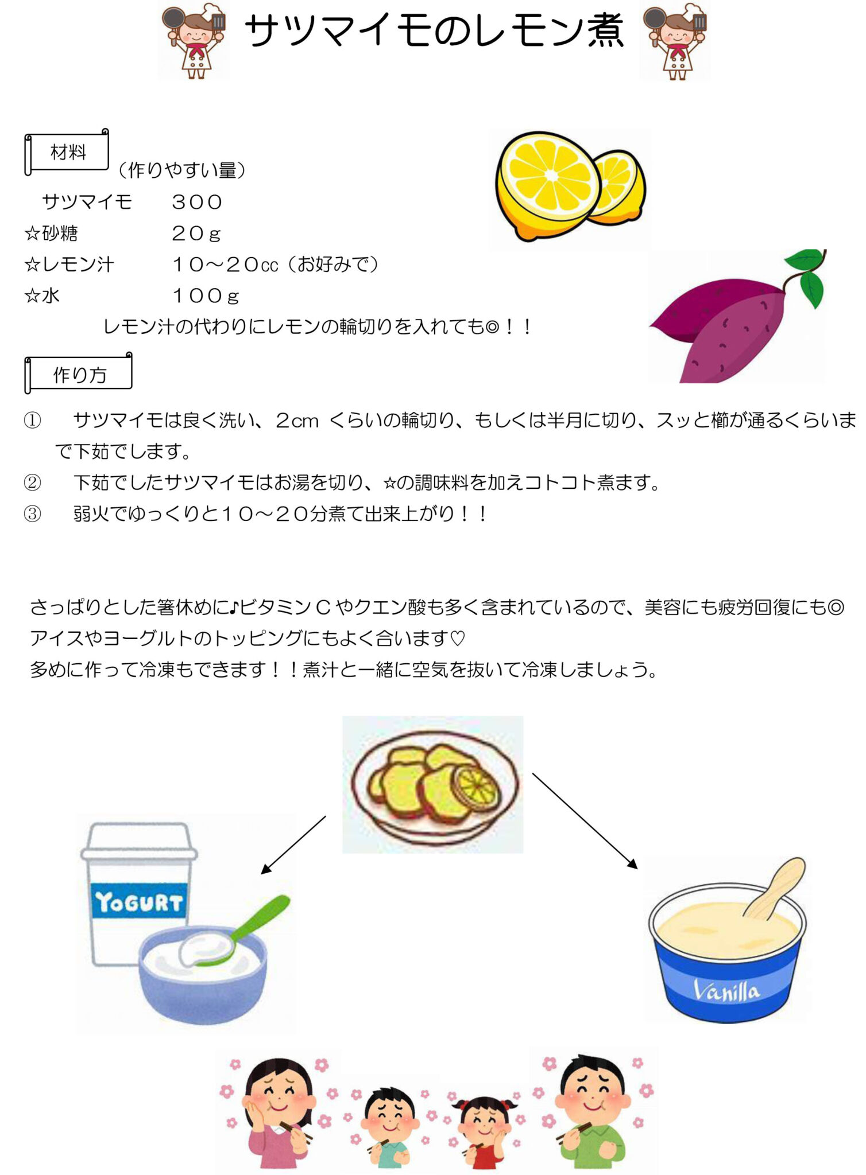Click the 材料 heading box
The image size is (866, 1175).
[67, 152]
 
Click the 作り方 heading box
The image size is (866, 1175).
[79, 374]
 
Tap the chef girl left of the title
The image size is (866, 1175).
[194, 40]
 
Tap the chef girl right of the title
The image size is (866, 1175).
[675, 40]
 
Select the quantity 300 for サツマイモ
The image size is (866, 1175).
[197, 202]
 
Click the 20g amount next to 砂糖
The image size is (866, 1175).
[196, 234]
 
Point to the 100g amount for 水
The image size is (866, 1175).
[206, 296]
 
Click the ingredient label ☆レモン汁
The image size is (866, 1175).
[69, 264]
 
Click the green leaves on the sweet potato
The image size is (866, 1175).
[807, 275]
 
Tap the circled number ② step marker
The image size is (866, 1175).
[32, 483]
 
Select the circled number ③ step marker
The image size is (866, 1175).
[32, 513]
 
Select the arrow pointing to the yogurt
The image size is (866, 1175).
[293, 845]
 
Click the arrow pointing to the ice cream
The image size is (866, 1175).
[585, 821]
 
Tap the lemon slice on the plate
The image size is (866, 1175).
[475, 787]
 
